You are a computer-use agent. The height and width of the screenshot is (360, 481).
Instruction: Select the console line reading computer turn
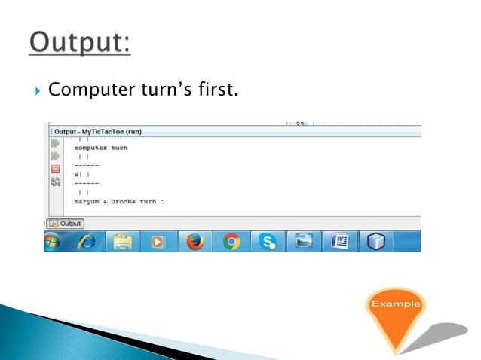click(100, 148)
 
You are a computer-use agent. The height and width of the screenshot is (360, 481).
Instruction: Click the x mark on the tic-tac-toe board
click(76, 174)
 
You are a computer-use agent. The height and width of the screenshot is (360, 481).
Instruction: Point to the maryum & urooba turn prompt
click(118, 201)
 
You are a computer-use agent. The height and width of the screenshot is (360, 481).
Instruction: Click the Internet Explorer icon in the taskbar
click(87, 242)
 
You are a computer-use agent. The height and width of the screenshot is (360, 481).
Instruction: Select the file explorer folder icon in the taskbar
click(123, 242)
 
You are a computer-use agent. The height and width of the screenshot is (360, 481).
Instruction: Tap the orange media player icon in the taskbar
click(158, 242)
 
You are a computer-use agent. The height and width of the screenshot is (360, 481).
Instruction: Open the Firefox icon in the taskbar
click(195, 242)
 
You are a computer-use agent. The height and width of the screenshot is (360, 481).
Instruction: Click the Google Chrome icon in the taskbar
click(231, 242)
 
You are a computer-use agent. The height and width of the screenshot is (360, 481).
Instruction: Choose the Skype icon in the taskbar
click(268, 242)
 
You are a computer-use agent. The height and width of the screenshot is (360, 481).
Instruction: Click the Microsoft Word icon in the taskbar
click(339, 242)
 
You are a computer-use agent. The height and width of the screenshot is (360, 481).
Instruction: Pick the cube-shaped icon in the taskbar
click(375, 242)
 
